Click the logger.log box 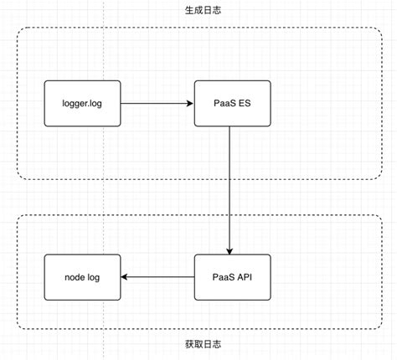[82, 104]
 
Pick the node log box [82, 277]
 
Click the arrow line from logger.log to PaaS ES [155, 104]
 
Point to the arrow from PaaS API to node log [159, 277]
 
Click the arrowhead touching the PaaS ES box [189, 104]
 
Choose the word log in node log [93, 277]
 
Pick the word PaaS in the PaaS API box [220, 277]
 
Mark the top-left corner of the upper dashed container [18, 30]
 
